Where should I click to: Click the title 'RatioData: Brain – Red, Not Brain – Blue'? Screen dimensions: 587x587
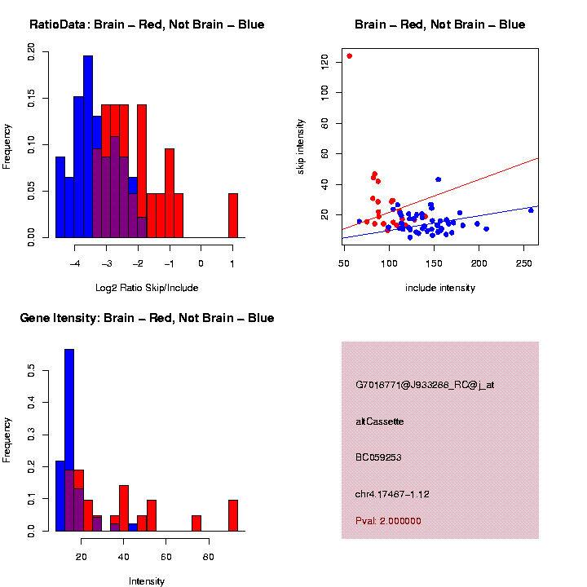coord(147,24)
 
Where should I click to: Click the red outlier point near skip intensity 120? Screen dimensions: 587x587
coord(349,56)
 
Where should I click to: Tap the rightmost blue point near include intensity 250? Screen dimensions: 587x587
coord(531,210)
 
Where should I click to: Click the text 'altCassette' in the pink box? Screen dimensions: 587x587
coord(380,421)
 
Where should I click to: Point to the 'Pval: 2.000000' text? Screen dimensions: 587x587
coord(389,521)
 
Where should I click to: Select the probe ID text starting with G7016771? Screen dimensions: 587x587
coord(425,385)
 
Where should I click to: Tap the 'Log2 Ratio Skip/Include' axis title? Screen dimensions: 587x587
coord(147,288)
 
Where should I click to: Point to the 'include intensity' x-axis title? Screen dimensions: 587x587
coord(440,288)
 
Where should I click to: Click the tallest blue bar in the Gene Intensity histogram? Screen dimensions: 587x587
coord(69,440)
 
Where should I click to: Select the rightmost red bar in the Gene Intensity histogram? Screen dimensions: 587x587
coord(233,515)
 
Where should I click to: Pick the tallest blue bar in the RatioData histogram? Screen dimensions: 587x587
coord(88,147)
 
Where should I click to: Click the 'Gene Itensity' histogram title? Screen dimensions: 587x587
coord(147,318)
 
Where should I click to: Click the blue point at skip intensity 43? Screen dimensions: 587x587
coord(439,179)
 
